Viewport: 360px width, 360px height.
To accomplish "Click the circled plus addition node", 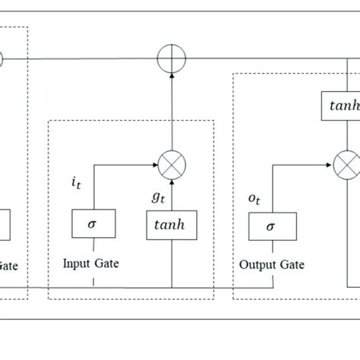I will pos(172,58).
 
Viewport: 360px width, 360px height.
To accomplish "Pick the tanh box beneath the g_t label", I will pos(171,225).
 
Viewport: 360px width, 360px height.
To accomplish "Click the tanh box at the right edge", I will pos(340,106).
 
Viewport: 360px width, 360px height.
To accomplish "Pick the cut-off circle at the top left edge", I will pos(2,58).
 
